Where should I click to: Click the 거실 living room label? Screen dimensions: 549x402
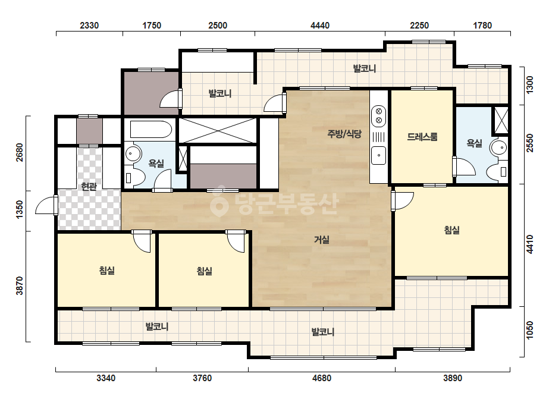pyautogui.click(x=321, y=240)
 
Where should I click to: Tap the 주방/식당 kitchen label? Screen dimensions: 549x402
pyautogui.click(x=344, y=133)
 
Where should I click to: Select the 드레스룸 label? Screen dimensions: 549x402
pyautogui.click(x=422, y=137)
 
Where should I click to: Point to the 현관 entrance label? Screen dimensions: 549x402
pyautogui.click(x=89, y=186)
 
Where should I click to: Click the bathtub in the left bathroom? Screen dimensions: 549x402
pyautogui.click(x=151, y=130)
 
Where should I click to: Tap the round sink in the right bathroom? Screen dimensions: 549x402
pyautogui.click(x=498, y=147)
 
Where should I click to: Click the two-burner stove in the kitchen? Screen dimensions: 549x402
pyautogui.click(x=378, y=115)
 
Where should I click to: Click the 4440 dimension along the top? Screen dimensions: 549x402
pyautogui.click(x=320, y=26)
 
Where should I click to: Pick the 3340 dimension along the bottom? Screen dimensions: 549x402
pyautogui.click(x=106, y=378)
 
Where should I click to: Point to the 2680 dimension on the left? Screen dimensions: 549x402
pyautogui.click(x=20, y=153)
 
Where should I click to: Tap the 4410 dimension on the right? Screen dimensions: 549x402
pyautogui.click(x=530, y=244)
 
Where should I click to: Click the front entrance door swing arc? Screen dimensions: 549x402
pyautogui.click(x=45, y=205)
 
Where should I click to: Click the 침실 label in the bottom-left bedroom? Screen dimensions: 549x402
pyautogui.click(x=107, y=271)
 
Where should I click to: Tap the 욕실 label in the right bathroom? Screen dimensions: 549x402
pyautogui.click(x=475, y=143)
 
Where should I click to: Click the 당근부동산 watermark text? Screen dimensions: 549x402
pyautogui.click(x=275, y=204)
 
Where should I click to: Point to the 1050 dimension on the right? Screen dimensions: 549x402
pyautogui.click(x=530, y=330)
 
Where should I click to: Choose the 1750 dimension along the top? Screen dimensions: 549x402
pyautogui.click(x=152, y=26)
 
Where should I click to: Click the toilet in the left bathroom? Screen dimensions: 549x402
pyautogui.click(x=137, y=177)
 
